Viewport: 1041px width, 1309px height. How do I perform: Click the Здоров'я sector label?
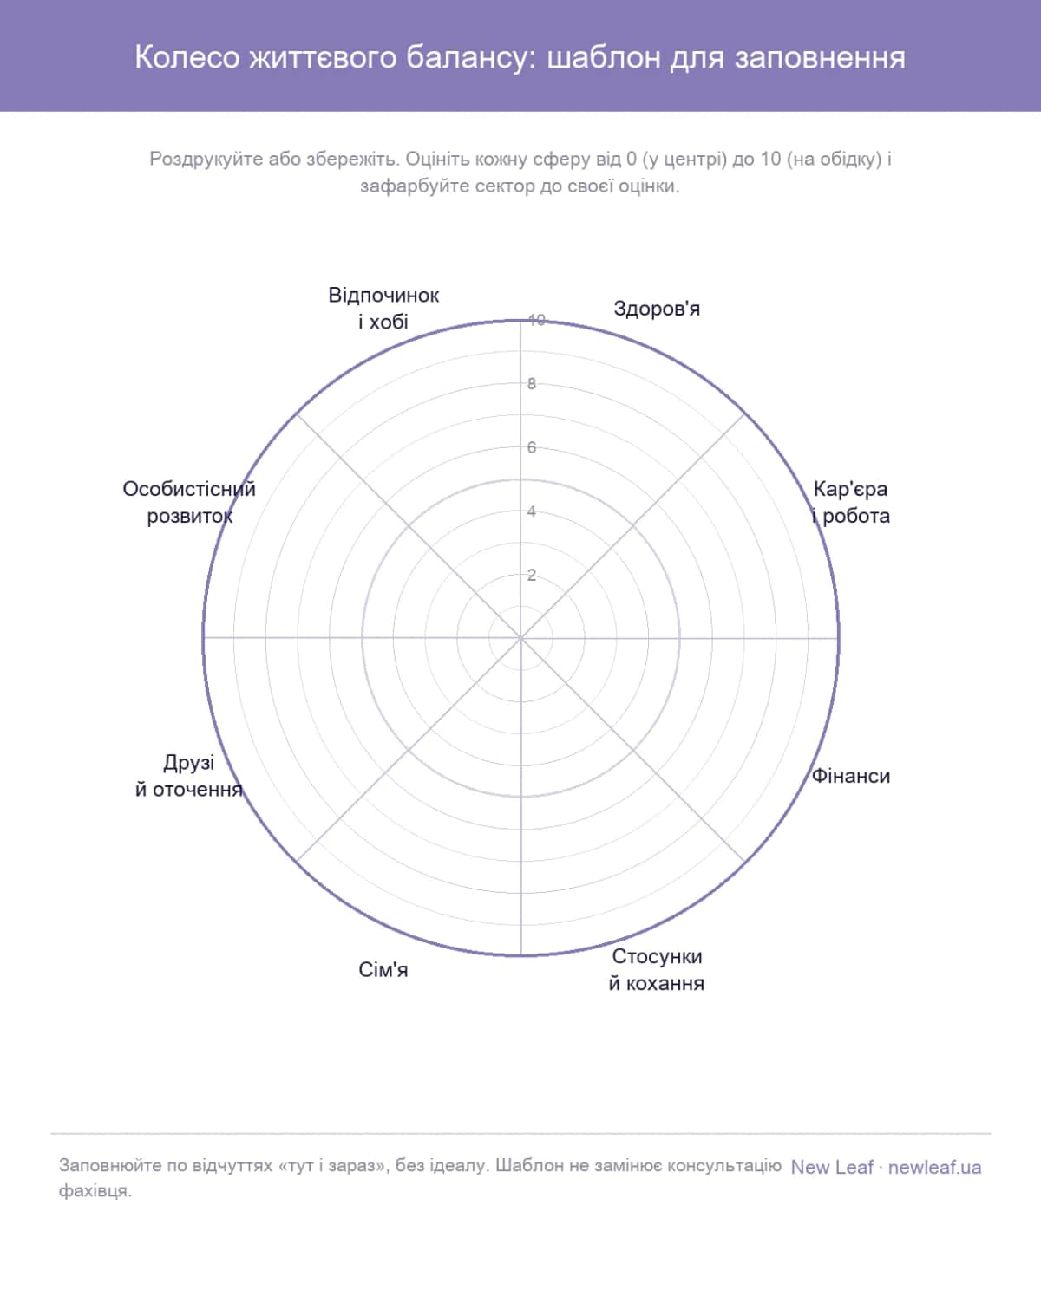[656, 309]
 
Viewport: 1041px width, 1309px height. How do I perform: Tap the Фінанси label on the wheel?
[850, 776]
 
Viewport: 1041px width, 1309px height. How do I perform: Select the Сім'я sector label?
[383, 969]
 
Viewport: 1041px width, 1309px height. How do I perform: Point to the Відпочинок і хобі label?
[383, 309]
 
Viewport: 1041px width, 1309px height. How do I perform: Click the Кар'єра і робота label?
[850, 503]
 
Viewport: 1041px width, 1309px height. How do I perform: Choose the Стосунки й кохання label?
[656, 969]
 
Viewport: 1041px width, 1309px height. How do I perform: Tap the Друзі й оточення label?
[189, 776]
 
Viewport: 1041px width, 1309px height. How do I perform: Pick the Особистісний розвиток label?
[189, 503]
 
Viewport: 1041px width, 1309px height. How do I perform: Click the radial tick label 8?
[532, 384]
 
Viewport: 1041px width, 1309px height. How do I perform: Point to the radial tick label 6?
[532, 447]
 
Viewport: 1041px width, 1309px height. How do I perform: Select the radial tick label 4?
[532, 511]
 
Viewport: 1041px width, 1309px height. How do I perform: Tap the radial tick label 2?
[532, 575]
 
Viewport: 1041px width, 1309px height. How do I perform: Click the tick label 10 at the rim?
[536, 320]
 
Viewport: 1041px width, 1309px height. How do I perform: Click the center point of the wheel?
[520, 638]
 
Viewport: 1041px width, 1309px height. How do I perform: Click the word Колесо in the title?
[187, 58]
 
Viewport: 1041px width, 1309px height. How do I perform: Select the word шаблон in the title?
[603, 58]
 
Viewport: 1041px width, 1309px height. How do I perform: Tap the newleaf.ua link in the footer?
[934, 1168]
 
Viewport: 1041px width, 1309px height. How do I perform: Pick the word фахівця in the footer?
[95, 1191]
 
